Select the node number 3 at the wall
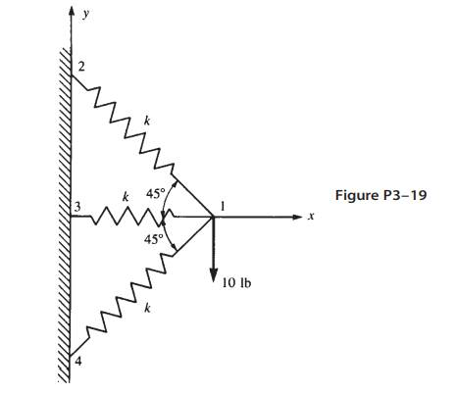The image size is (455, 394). pyautogui.click(x=76, y=208)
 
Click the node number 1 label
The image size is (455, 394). pyautogui.click(x=224, y=205)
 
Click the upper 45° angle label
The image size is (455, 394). pyautogui.click(x=155, y=194)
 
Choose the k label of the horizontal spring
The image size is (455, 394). pyautogui.click(x=125, y=197)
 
